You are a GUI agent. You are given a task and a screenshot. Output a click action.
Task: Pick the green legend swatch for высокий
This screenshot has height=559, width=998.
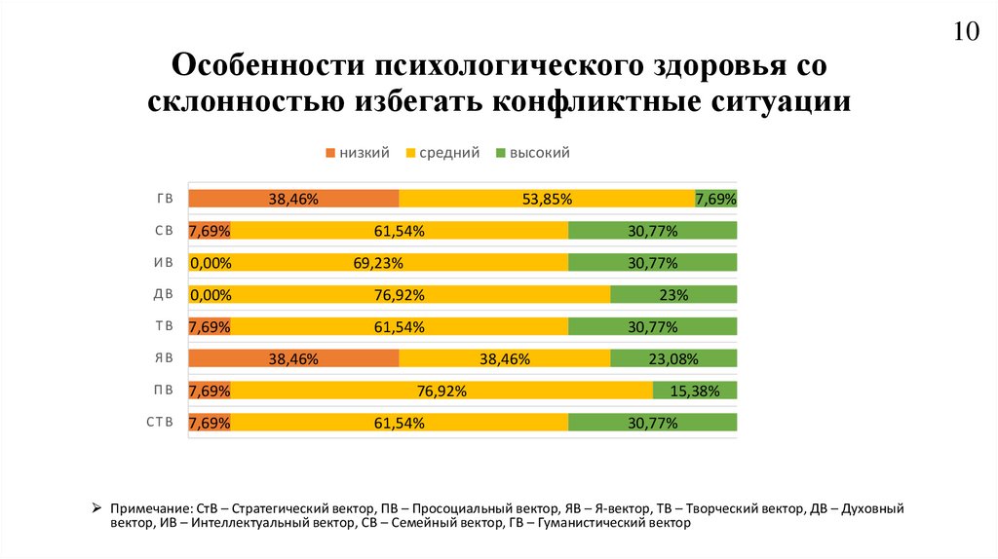click(501, 154)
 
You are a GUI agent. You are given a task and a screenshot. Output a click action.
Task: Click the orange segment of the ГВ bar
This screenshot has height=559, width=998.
click(293, 198)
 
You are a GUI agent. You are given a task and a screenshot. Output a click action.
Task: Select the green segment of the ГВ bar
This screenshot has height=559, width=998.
click(716, 198)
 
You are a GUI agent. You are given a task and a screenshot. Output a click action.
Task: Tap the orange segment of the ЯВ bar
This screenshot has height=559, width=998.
click(293, 358)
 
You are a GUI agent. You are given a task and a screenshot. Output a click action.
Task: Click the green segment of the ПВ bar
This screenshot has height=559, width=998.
click(695, 391)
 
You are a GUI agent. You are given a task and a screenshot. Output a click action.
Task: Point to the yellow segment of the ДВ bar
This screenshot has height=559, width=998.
click(400, 294)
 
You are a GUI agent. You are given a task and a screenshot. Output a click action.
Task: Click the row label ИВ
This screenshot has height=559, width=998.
click(164, 262)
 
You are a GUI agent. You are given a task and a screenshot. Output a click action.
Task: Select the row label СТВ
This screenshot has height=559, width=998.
click(159, 422)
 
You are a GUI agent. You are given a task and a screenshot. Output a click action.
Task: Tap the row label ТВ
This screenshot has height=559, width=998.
click(164, 326)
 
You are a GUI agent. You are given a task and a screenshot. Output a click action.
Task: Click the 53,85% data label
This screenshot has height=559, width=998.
click(547, 199)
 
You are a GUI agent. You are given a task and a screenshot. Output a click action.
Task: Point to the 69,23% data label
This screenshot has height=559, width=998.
click(379, 263)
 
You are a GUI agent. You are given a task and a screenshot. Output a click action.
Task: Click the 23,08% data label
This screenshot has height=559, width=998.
click(673, 359)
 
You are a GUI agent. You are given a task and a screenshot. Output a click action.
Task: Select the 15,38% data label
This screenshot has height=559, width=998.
click(695, 391)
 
